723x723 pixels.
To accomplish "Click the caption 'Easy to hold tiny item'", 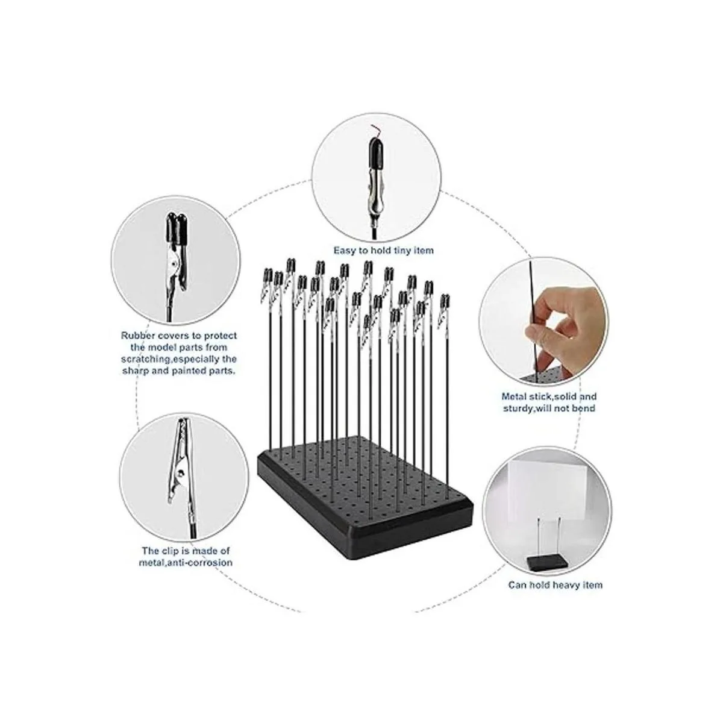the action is [x=383, y=250].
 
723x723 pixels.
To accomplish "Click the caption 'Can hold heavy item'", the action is [x=556, y=585].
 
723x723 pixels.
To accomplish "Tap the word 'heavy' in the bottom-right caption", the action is [x=565, y=585].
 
